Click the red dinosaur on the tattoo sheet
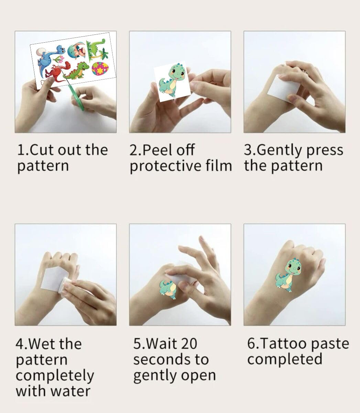pyautogui.click(x=55, y=73)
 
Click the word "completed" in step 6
pyautogui.click(x=285, y=359)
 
